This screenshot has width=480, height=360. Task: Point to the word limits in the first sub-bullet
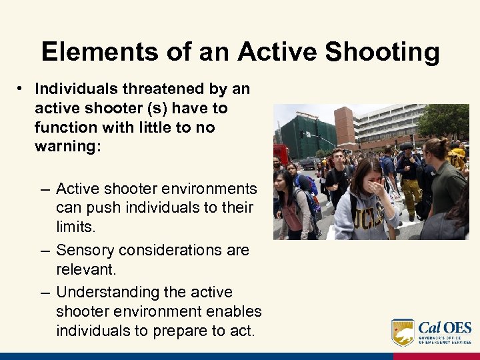point(75,227)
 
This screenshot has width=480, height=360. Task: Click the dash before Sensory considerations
point(44,250)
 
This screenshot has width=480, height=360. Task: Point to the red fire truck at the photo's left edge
point(280,153)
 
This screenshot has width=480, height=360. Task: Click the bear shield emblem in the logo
point(403,332)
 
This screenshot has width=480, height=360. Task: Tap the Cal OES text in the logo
point(445,328)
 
